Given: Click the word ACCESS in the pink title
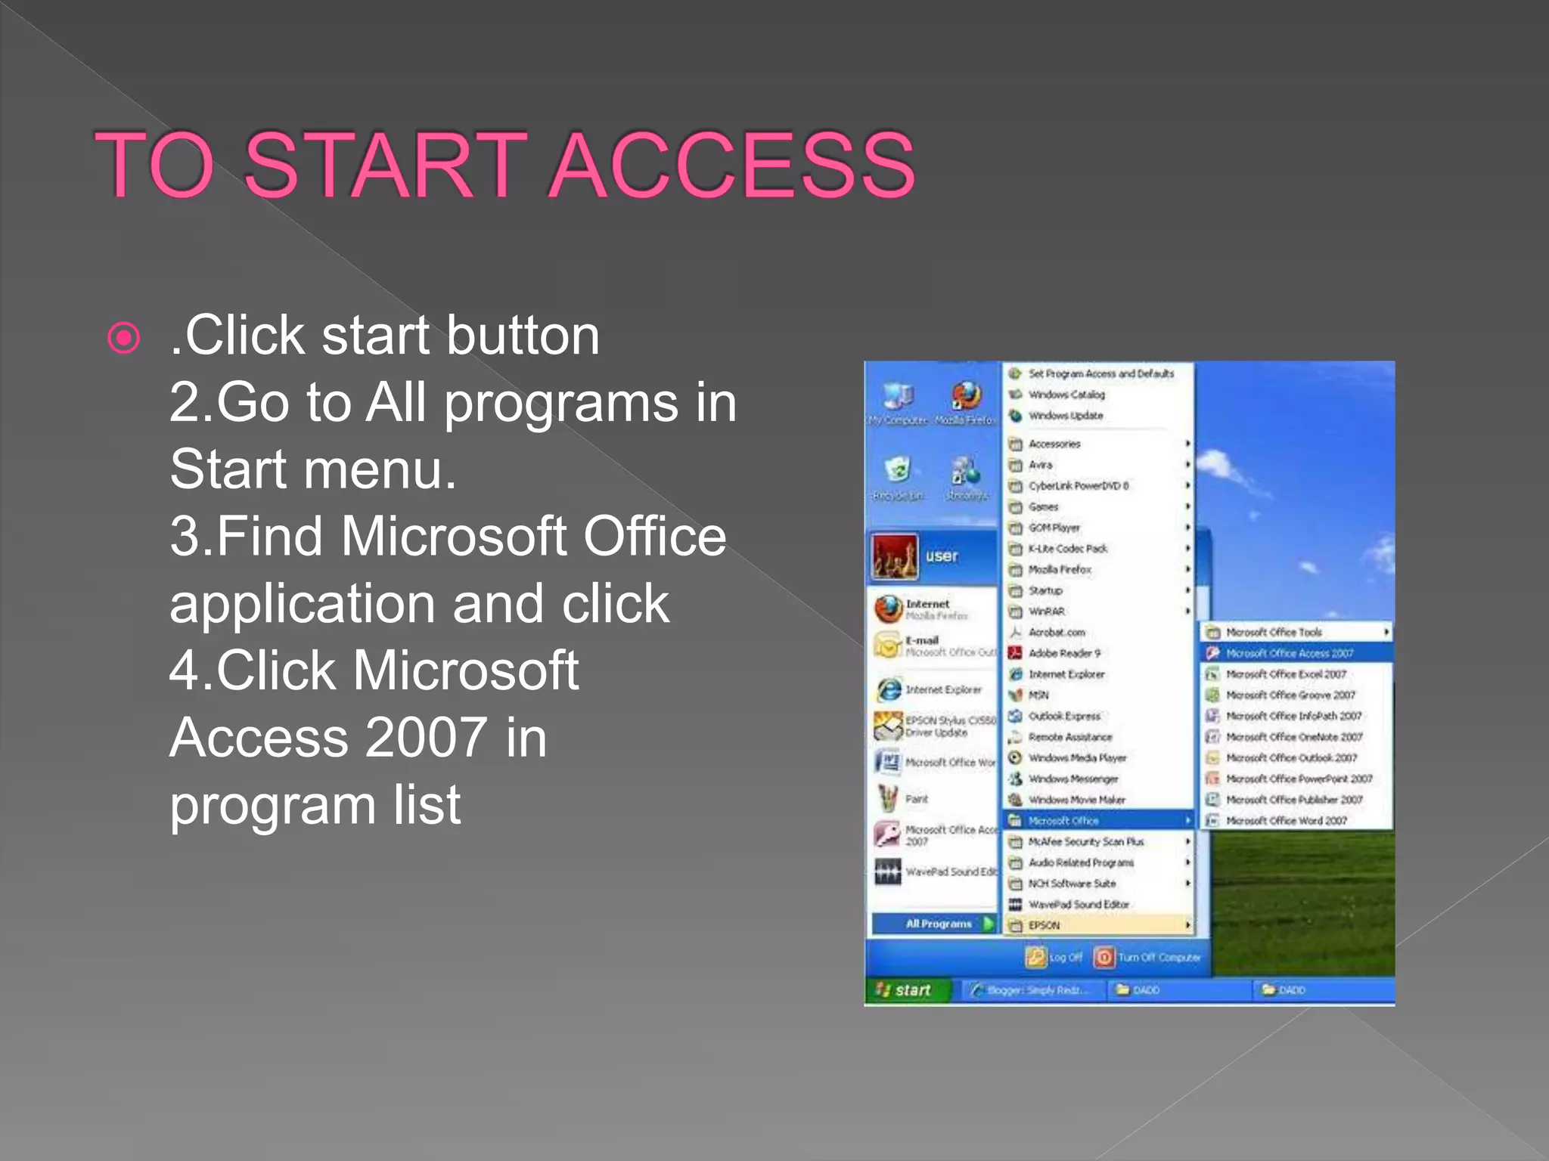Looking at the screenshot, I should click(733, 165).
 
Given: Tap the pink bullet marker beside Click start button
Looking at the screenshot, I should click(125, 338).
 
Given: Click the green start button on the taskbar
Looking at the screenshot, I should click(905, 990).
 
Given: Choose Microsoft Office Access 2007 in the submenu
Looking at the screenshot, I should click(1289, 653).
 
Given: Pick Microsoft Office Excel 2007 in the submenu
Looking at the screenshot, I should click(1286, 674).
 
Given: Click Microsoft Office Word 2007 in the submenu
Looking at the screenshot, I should click(1286, 821).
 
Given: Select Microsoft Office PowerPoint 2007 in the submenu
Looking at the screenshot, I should click(1298, 779).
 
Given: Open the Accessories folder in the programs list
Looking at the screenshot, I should click(1054, 444).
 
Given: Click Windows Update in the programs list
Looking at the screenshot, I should click(1065, 416).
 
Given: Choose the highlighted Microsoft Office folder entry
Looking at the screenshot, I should click(1063, 821).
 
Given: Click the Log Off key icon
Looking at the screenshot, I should click(1035, 958).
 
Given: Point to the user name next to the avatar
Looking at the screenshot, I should click(942, 556).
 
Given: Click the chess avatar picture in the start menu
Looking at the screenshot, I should click(895, 556).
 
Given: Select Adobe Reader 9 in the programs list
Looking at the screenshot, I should click(1063, 653).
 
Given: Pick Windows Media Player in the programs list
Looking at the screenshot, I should click(1077, 758).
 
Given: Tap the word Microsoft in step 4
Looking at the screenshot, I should click(466, 672).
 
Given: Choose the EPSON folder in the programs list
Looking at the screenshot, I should click(1044, 925).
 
